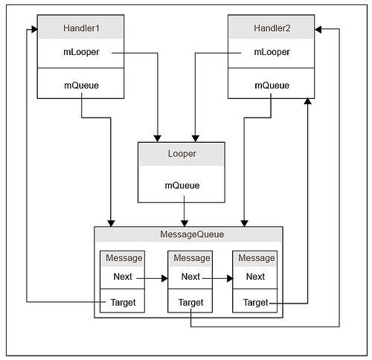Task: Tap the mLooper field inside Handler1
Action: [x=80, y=53]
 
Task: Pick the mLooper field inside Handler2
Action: [x=271, y=53]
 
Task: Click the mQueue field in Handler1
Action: [x=80, y=85]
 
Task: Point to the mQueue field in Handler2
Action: [x=271, y=85]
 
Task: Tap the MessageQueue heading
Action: [x=187, y=234]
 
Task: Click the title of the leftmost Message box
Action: [x=123, y=258]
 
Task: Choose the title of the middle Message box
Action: [x=190, y=258]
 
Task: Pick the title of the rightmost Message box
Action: [x=255, y=258]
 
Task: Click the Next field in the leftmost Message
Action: [x=123, y=277]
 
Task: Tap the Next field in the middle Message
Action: [x=190, y=277]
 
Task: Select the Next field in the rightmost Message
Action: [x=255, y=277]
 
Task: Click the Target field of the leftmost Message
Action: [x=123, y=303]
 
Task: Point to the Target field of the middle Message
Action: [x=190, y=303]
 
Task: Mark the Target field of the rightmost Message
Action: [x=255, y=303]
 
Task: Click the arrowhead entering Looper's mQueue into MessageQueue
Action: [x=184, y=222]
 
